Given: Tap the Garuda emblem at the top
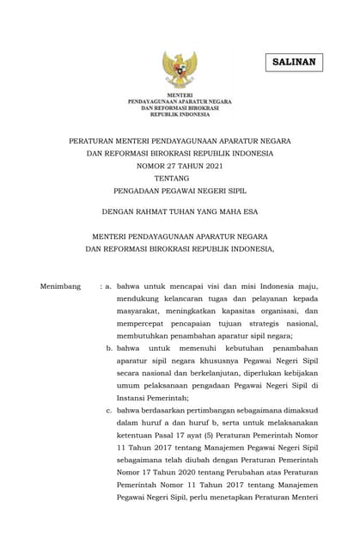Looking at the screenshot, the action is [180, 69].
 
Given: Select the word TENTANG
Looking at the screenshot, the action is [179, 179].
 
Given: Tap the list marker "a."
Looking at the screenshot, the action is [109, 285].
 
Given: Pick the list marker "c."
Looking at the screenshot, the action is [109, 411].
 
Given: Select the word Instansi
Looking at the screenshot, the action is [134, 398].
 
